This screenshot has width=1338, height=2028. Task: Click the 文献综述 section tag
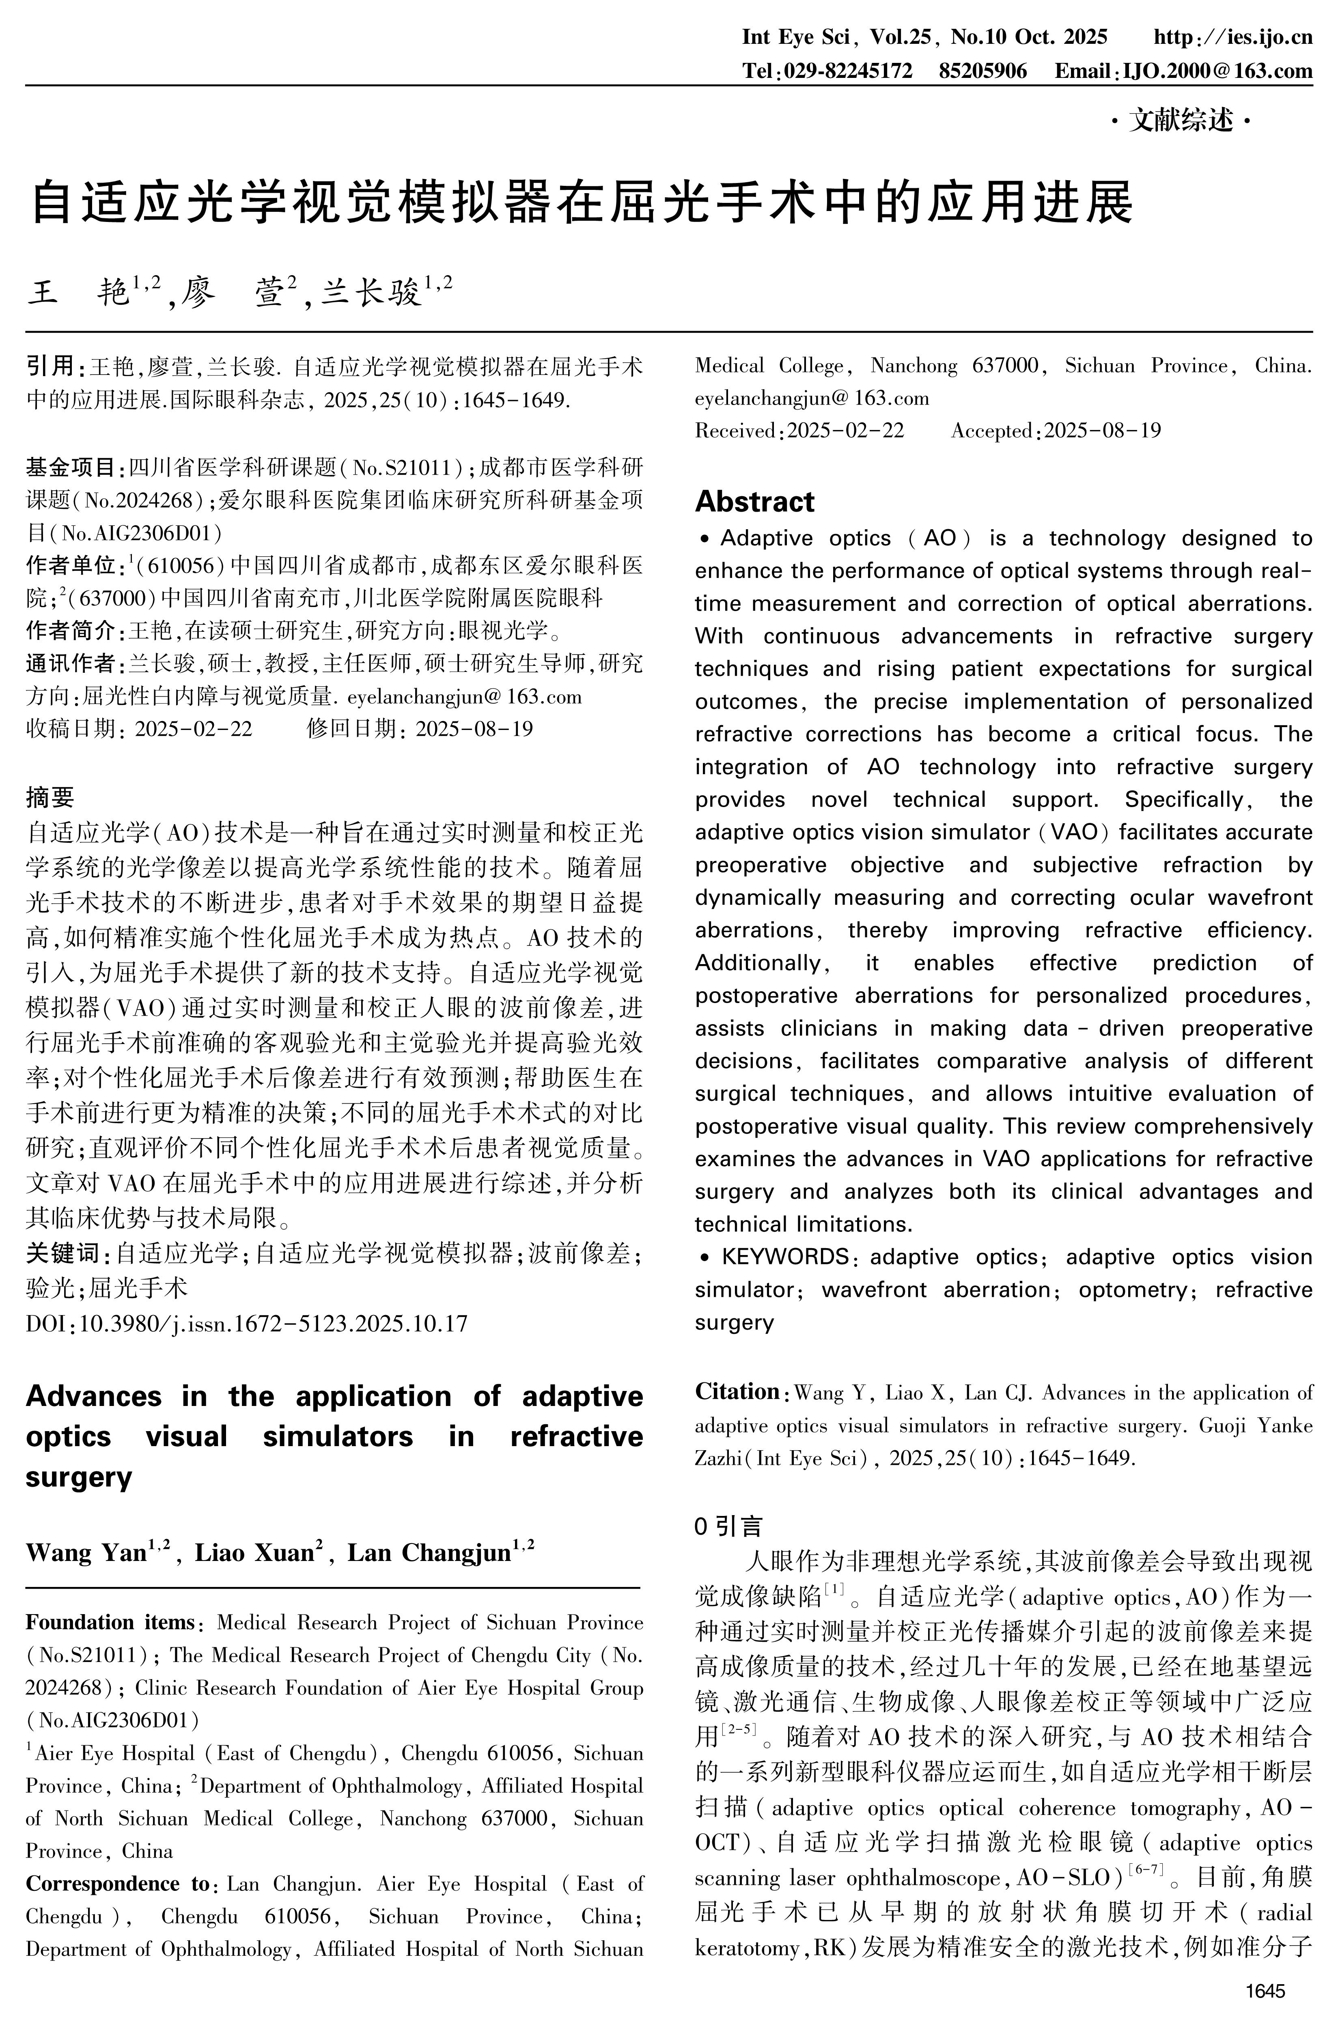(x=1182, y=121)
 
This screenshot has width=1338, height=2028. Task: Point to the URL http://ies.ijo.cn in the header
(x=1233, y=37)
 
